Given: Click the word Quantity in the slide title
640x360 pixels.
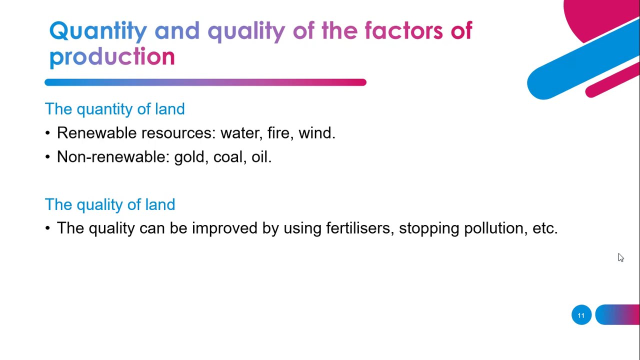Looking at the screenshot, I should pos(98,31).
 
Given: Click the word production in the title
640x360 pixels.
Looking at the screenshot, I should pos(112,57).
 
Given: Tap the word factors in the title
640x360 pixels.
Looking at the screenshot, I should pos(403,31).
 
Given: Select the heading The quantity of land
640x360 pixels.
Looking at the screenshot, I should pos(114,109).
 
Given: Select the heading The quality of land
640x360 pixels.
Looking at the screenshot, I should pos(109,204).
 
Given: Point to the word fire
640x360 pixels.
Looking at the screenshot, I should pos(279,133).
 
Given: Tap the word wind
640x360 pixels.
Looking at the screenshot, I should pos(316,133).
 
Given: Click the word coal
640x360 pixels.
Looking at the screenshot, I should pos(229,157).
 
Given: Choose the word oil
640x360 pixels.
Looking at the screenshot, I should pos(260,157).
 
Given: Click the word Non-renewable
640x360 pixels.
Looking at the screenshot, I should pos(112,157).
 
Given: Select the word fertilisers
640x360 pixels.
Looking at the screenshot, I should pos(360,228).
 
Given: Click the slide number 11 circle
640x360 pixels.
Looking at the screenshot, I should pos(581,315).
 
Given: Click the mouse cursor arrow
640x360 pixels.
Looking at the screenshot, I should pos(620,257).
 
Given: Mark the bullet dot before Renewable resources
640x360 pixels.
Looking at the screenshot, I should pos(47,133).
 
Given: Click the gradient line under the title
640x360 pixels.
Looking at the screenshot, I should pos(205,82).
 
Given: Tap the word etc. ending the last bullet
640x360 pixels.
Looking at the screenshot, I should pos(545,228).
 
